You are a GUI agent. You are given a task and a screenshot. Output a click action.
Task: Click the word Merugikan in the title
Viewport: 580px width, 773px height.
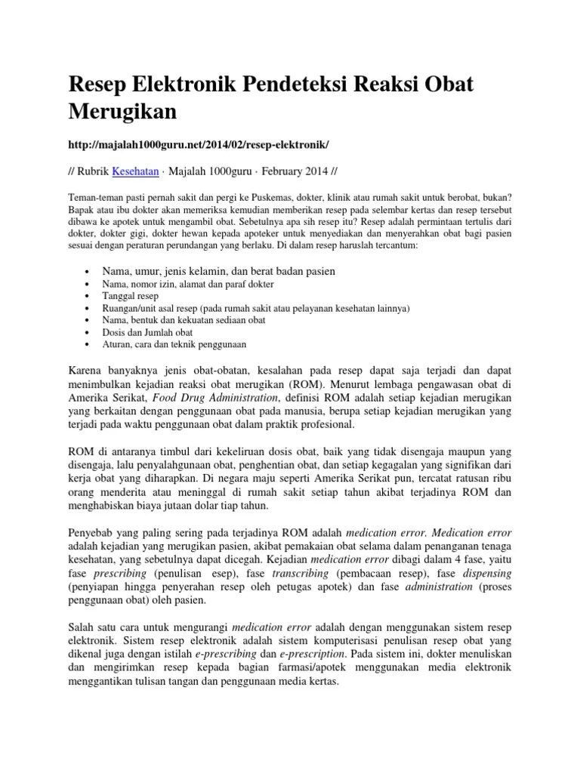coord(124,112)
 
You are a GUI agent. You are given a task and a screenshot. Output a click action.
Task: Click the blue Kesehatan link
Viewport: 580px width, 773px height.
coord(136,171)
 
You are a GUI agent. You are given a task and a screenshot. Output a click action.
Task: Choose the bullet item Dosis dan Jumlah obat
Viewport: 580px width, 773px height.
coord(147,331)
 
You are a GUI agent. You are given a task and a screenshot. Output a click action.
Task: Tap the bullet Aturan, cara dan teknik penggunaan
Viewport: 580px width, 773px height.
coord(174,343)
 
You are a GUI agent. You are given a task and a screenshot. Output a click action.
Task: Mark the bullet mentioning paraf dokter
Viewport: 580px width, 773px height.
coord(187,284)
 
